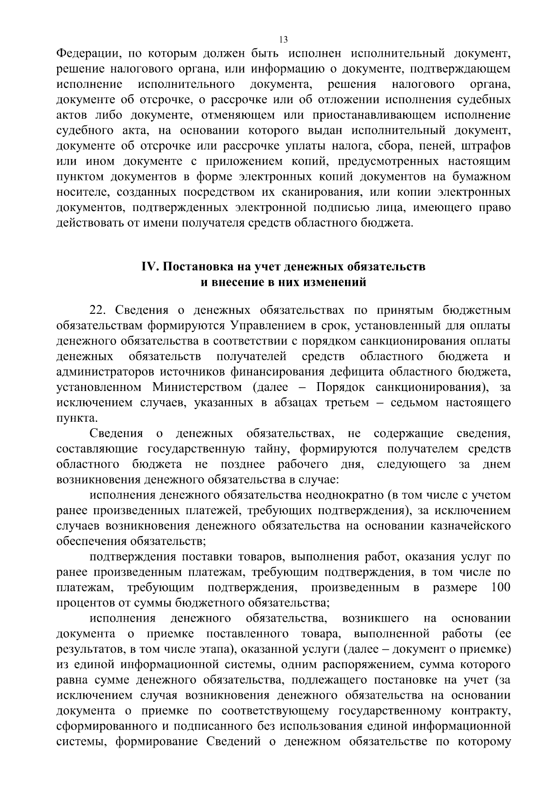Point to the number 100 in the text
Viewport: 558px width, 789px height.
500,587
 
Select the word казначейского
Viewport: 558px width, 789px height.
471,526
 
